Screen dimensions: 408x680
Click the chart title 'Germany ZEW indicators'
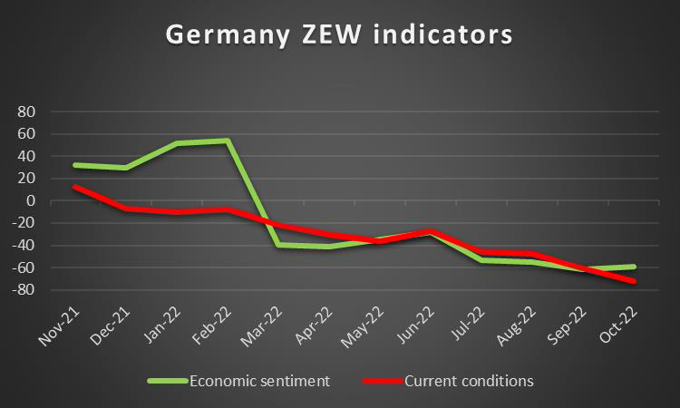[339, 35]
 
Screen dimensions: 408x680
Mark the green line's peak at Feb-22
[228, 141]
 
